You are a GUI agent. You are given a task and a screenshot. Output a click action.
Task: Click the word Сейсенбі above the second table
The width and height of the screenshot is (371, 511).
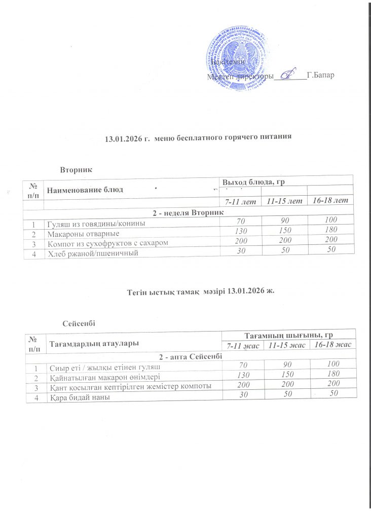click(79, 323)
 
